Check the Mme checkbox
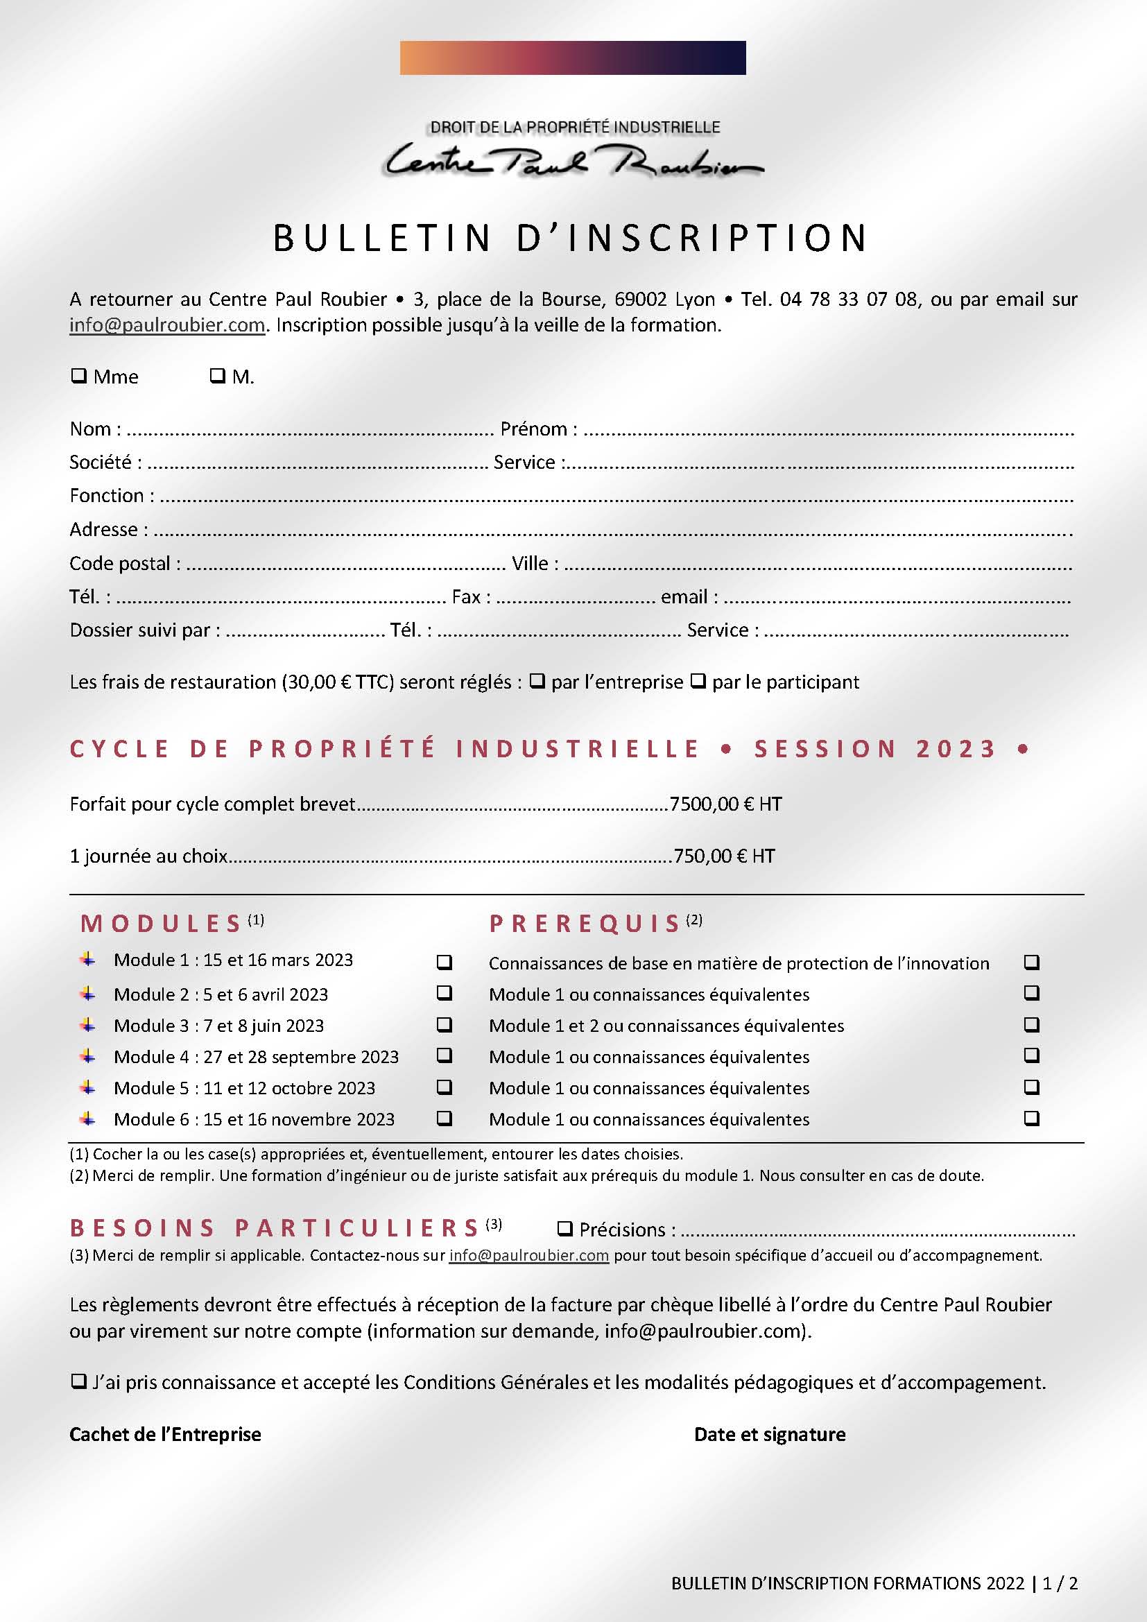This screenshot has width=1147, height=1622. click(78, 376)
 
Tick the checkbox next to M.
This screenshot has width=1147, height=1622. click(218, 376)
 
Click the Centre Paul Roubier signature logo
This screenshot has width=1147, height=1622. click(573, 161)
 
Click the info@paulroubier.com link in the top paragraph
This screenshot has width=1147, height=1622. click(167, 325)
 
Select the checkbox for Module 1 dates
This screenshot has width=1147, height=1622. click(445, 963)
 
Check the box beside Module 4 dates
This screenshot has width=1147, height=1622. click(445, 1055)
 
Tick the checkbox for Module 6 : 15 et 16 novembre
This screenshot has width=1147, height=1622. click(445, 1119)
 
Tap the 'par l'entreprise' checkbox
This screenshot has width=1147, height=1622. click(537, 682)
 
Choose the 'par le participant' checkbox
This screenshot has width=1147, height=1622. click(698, 682)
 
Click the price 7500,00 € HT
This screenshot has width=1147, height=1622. click(725, 804)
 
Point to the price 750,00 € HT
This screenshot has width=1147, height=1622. click(724, 856)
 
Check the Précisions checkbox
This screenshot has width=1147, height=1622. click(565, 1230)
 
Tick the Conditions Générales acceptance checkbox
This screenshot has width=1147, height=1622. click(78, 1382)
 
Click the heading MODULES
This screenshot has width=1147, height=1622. click(162, 923)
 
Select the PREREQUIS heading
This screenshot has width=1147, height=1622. click(585, 923)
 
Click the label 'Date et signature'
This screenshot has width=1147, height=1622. click(770, 1434)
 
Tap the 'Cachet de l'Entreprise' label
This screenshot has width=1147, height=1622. click(165, 1434)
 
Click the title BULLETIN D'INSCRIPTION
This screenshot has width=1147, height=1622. click(571, 237)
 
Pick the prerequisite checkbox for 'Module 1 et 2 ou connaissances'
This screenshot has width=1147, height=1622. click(1032, 1024)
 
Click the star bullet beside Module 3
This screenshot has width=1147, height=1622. click(87, 1024)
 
